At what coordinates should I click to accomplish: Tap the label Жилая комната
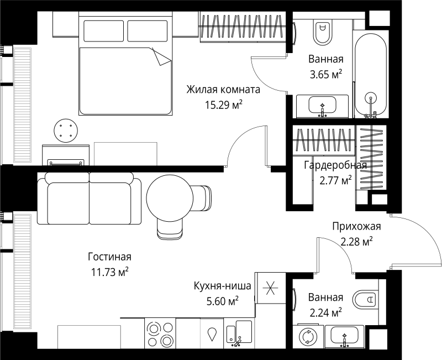pos(223,89)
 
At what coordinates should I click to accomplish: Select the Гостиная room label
pos(109,257)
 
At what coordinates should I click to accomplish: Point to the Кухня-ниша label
pos(223,286)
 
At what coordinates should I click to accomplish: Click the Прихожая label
pos(356,226)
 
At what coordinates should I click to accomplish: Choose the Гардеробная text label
pos(335,165)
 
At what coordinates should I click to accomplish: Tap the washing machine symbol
pos(306,337)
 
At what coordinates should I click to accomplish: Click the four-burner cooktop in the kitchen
pos(160,334)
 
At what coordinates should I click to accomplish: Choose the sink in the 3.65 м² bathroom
pos(322,105)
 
